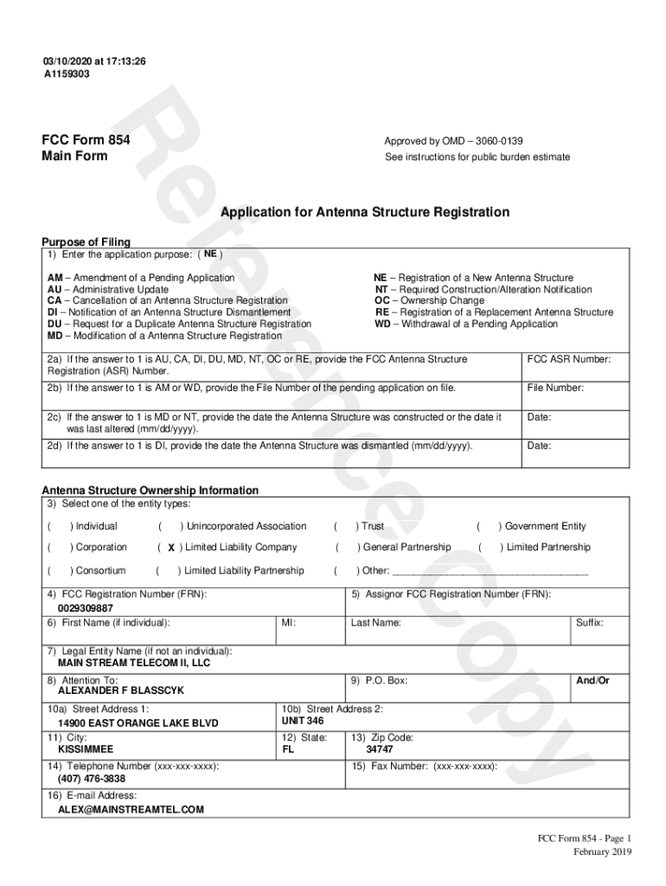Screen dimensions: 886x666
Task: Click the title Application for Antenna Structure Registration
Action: pyautogui.click(x=364, y=212)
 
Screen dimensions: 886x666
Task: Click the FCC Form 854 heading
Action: pyautogui.click(x=86, y=140)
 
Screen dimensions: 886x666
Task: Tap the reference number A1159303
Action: pyautogui.click(x=67, y=74)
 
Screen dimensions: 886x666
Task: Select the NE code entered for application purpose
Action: pyautogui.click(x=210, y=254)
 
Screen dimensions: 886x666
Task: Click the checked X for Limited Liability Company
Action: pyautogui.click(x=171, y=548)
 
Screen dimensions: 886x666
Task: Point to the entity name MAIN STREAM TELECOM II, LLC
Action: pyautogui.click(x=134, y=663)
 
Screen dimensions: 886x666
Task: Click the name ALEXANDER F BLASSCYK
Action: pyautogui.click(x=121, y=691)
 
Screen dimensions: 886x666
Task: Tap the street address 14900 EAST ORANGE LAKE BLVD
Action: pyautogui.click(x=138, y=722)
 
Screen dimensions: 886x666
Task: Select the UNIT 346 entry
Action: pyautogui.click(x=303, y=721)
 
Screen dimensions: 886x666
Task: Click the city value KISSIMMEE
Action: pyautogui.click(x=86, y=749)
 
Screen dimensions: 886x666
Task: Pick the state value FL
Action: pyautogui.click(x=289, y=749)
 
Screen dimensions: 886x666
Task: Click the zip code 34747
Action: pyautogui.click(x=380, y=749)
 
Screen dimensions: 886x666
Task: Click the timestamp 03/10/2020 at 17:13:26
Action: pyautogui.click(x=95, y=61)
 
